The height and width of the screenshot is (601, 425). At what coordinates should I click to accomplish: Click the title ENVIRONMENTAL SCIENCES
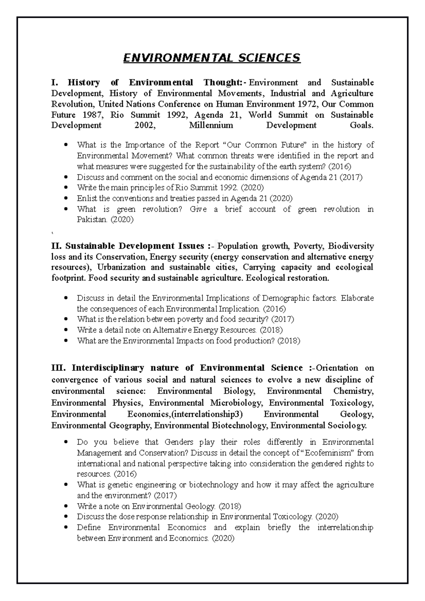click(211, 58)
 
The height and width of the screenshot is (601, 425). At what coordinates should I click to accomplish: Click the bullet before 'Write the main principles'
click(66, 188)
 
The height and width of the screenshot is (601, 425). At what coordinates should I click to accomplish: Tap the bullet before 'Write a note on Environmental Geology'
click(66, 506)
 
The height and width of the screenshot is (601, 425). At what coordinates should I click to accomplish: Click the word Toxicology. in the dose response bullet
click(293, 517)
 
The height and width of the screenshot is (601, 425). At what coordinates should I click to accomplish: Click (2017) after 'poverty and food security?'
click(282, 319)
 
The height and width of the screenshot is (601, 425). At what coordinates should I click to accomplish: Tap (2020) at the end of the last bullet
click(223, 538)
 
